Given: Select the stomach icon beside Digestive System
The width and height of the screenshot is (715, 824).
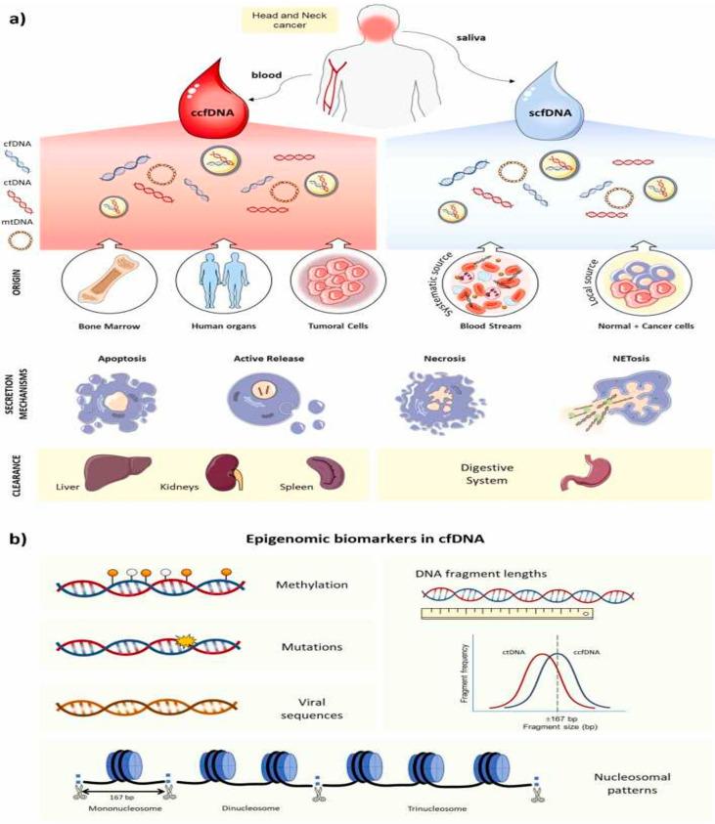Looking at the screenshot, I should pyautogui.click(x=583, y=475).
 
